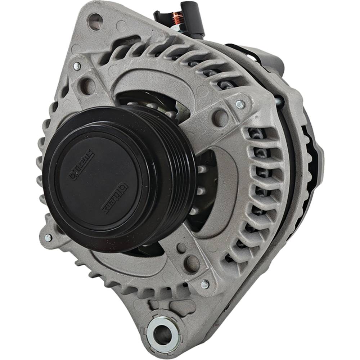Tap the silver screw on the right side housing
240,104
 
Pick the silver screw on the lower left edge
48,238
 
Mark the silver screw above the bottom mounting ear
205,284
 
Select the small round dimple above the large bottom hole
182,248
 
